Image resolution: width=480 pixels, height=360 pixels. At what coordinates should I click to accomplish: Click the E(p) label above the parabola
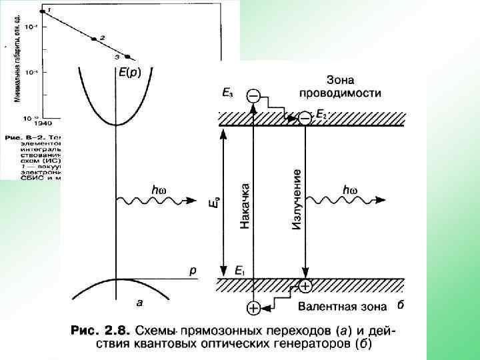pyautogui.click(x=130, y=72)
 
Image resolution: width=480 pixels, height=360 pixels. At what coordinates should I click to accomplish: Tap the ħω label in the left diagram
pyautogui.click(x=159, y=190)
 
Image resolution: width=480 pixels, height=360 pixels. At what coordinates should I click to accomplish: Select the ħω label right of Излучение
pyautogui.click(x=349, y=190)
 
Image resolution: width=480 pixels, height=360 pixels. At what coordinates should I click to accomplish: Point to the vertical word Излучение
pyautogui.click(x=297, y=200)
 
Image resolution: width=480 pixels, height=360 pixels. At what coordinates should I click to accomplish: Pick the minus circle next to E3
pyautogui.click(x=253, y=97)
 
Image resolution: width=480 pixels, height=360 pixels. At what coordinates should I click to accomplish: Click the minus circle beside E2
pyautogui.click(x=304, y=118)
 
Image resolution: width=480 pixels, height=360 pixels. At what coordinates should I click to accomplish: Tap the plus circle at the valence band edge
pyautogui.click(x=305, y=287)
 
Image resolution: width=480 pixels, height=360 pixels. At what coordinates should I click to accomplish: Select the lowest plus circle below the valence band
pyautogui.click(x=253, y=308)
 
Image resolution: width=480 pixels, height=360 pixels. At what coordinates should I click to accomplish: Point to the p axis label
pyautogui.click(x=193, y=270)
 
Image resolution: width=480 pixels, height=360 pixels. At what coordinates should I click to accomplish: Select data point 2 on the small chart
pyautogui.click(x=95, y=40)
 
